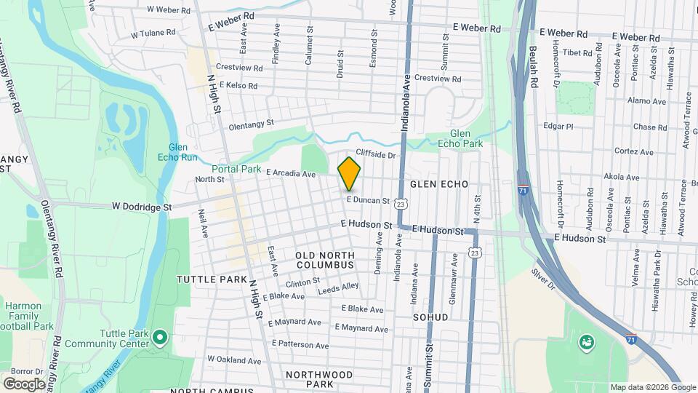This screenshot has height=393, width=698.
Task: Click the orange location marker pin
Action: tap(349, 173)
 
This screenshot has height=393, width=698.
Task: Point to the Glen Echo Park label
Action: tap(466, 138)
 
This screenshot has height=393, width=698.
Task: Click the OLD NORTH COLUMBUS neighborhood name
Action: tap(325, 260)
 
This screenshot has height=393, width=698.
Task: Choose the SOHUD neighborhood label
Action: tap(430, 317)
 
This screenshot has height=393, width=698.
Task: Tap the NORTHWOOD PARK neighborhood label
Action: tap(319, 378)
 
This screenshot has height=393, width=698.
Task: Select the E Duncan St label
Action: tap(368, 200)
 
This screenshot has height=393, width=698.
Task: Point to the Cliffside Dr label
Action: tap(376, 155)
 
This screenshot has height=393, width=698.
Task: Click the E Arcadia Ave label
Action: tap(290, 174)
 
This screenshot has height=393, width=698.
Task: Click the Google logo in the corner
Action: tap(24, 384)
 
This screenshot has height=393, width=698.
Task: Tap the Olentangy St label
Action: tap(251, 124)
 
